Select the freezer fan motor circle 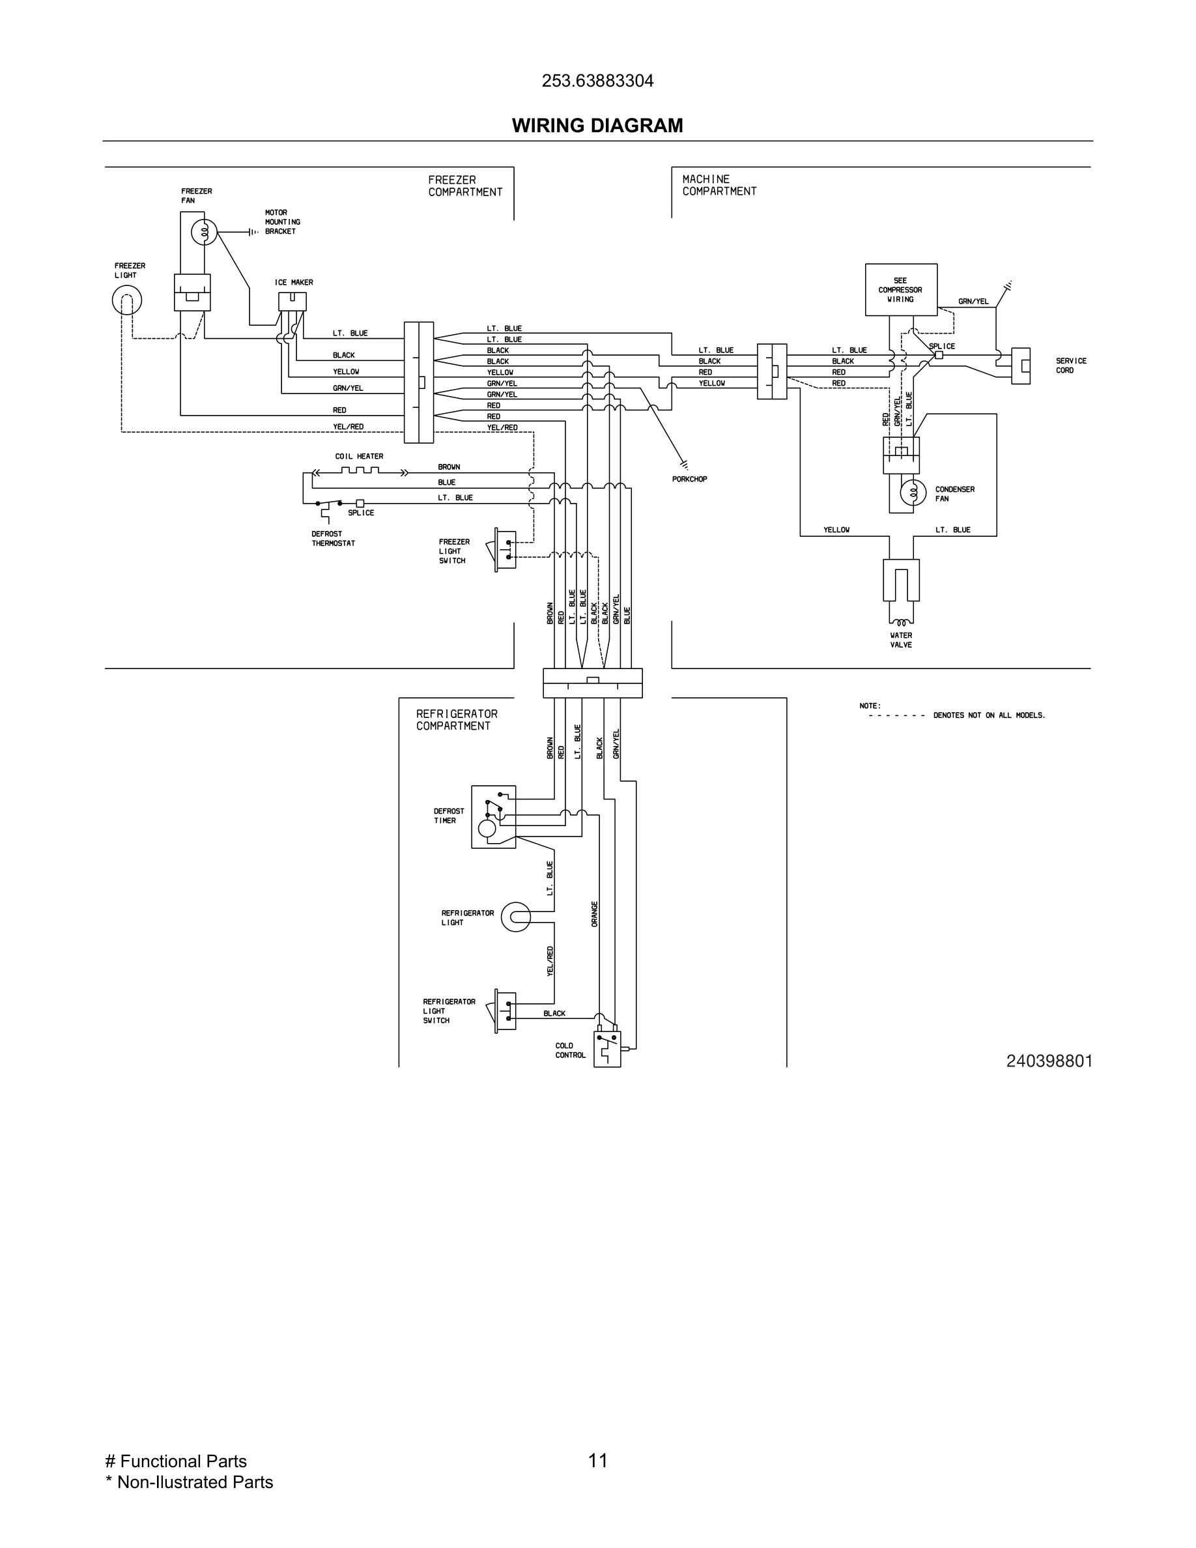point(205,231)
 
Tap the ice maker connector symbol point(292,302)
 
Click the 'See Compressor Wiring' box point(900,290)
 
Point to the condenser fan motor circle point(913,493)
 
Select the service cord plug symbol point(1020,365)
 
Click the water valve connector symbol point(902,580)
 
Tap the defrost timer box point(494,816)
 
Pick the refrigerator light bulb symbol point(516,917)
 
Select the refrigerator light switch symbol point(506,1011)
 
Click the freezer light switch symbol point(505,550)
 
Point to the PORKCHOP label point(689,479)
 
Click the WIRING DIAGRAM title point(597,126)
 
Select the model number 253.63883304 point(597,81)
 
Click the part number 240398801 point(1049,1081)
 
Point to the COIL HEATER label point(359,457)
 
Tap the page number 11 point(597,1460)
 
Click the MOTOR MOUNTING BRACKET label point(282,222)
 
